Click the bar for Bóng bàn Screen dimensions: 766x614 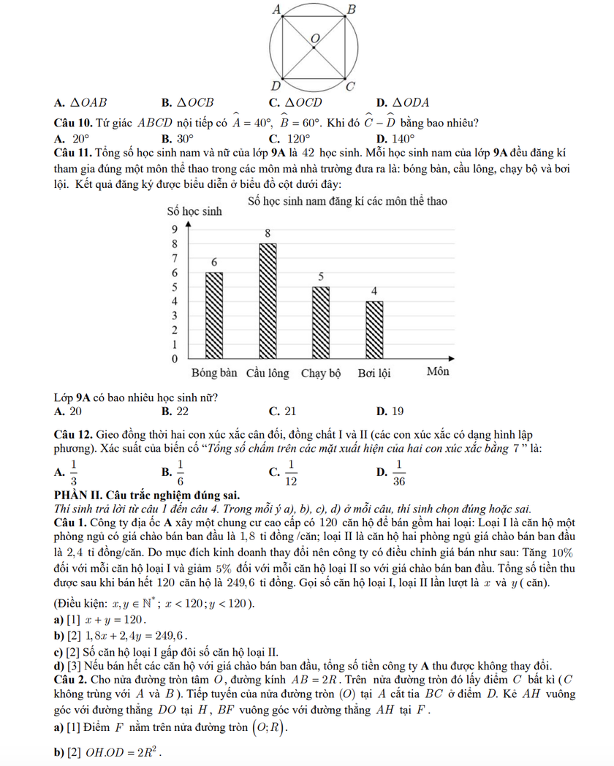pyautogui.click(x=214, y=316)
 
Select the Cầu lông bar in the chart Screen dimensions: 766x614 pyautogui.click(x=268, y=301)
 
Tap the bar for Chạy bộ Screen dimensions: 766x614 pyautogui.click(x=321, y=323)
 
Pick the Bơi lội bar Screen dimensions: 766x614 pyautogui.click(x=374, y=330)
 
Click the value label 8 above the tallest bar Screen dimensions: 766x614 pyautogui.click(x=268, y=233)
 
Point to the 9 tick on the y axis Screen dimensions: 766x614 pyautogui.click(x=174, y=229)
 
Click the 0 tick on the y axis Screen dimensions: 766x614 pyautogui.click(x=174, y=360)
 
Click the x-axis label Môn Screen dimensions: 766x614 pyautogui.click(x=438, y=372)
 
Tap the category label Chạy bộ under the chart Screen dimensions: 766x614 pyautogui.click(x=321, y=373)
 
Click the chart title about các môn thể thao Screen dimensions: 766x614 pyautogui.click(x=347, y=200)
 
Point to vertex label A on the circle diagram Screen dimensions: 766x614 pyautogui.click(x=276, y=9)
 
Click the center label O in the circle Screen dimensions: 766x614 pyautogui.click(x=315, y=37)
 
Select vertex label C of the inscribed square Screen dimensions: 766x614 pyautogui.click(x=350, y=87)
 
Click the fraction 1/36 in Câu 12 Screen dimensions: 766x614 pyautogui.click(x=399, y=473)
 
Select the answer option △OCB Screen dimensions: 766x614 pyautogui.click(x=192, y=102)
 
